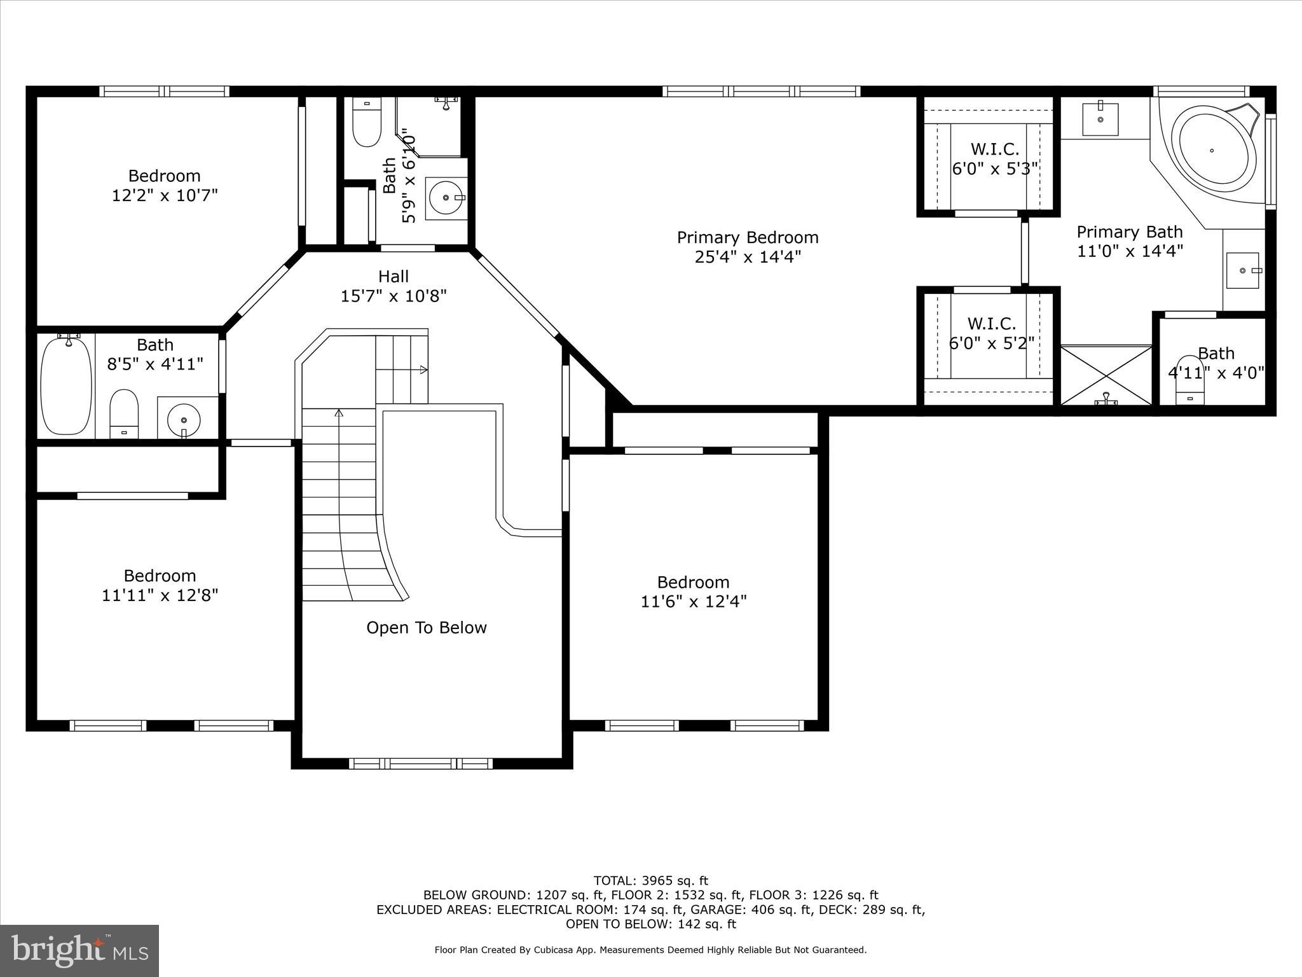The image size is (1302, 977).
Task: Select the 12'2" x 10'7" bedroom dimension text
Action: click(x=165, y=195)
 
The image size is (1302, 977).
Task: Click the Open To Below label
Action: click(x=427, y=628)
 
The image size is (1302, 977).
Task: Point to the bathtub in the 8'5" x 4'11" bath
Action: click(x=65, y=385)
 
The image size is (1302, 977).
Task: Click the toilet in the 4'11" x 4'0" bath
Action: click(x=1189, y=382)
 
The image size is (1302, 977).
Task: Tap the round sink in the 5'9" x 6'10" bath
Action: click(x=446, y=198)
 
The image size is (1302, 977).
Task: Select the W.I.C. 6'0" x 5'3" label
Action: click(x=994, y=159)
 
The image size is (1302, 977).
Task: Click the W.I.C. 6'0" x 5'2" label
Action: click(x=992, y=333)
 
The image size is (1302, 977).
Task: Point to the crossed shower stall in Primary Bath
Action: click(x=1106, y=375)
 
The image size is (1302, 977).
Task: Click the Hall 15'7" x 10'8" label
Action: click(x=394, y=286)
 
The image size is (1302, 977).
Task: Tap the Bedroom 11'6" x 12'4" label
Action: click(x=693, y=592)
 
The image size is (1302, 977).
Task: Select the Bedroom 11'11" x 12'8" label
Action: click(x=160, y=586)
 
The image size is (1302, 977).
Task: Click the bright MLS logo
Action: click(x=79, y=950)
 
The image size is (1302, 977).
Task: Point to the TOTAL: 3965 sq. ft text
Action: click(x=650, y=881)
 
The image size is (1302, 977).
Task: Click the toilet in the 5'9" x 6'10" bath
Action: click(x=366, y=125)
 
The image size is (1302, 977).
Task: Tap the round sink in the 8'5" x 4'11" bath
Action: click(x=184, y=420)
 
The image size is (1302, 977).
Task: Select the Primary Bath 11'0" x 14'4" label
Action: click(x=1129, y=241)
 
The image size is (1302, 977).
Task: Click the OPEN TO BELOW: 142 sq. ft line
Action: click(x=650, y=924)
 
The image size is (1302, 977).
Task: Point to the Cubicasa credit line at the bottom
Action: click(x=650, y=950)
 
